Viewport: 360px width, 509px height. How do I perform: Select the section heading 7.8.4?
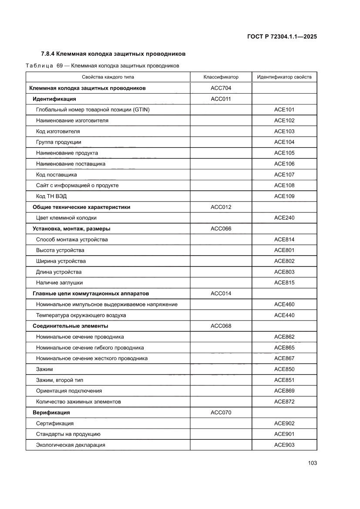pos(113,54)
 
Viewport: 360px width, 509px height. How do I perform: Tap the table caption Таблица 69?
pos(102,66)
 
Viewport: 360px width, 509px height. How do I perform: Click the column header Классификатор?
pos(221,77)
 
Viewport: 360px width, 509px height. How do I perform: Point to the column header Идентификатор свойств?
pos(284,77)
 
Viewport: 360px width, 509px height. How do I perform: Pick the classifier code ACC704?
pos(221,88)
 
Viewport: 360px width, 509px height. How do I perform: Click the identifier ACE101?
pos(284,110)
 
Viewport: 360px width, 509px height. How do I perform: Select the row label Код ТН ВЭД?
pos(51,196)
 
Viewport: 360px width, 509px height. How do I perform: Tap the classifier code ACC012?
pos(221,207)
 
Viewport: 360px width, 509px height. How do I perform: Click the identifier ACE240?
pos(284,218)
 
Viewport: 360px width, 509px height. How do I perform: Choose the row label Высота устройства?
pos(60,250)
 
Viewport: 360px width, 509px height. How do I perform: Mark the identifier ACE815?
pos(284,283)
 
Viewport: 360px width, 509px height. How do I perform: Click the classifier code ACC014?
pos(221,293)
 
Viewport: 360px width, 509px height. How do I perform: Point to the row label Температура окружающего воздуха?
pos(81,315)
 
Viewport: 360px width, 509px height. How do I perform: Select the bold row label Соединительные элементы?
pos(71,326)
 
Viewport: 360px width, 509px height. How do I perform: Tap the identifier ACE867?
pos(284,358)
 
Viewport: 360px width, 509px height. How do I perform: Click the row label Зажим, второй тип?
pos(60,380)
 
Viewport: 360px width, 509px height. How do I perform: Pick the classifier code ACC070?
pos(221,412)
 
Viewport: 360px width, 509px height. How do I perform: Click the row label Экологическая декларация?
pos(71,445)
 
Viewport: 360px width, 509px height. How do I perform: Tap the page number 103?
pos(312,463)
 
